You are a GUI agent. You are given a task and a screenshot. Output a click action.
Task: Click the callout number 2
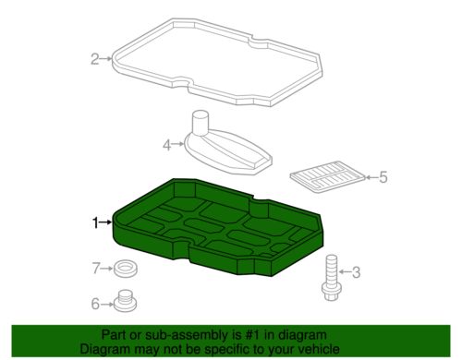[94, 60]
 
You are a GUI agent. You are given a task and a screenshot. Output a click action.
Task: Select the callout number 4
[167, 145]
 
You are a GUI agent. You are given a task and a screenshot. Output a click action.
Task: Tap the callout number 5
[383, 176]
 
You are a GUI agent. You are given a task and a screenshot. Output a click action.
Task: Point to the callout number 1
[93, 222]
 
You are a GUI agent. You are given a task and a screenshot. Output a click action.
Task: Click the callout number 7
[94, 269]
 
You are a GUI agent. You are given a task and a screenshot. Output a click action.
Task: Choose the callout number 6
[94, 303]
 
